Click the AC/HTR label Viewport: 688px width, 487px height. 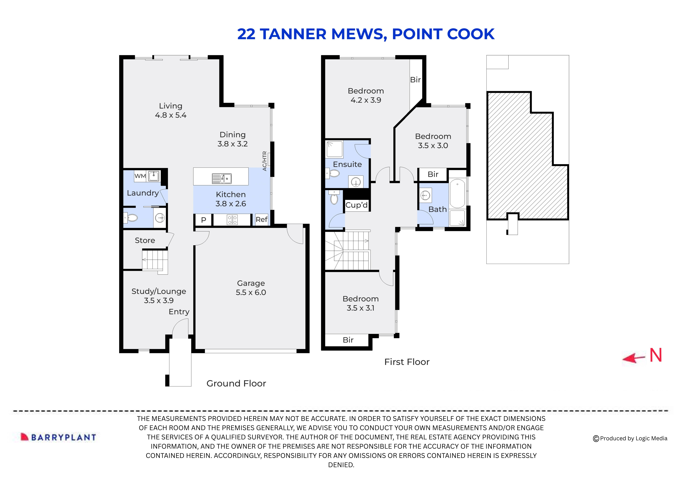point(265,161)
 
